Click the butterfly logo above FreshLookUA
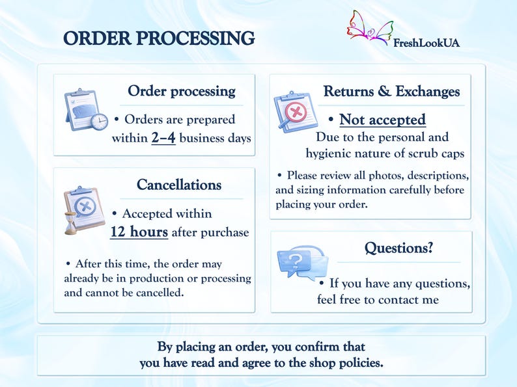point(370,27)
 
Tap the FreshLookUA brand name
point(426,43)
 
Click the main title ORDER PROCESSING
point(159,38)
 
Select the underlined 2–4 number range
point(163,138)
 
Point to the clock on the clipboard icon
point(100,122)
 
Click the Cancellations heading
point(179,185)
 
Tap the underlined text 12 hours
point(139,232)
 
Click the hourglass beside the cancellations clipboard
point(70,223)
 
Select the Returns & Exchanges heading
point(391,91)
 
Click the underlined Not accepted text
point(382,120)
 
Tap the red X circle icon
point(296,113)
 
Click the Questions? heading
point(398,248)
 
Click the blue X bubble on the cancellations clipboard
point(85,207)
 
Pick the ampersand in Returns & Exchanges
point(384,91)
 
